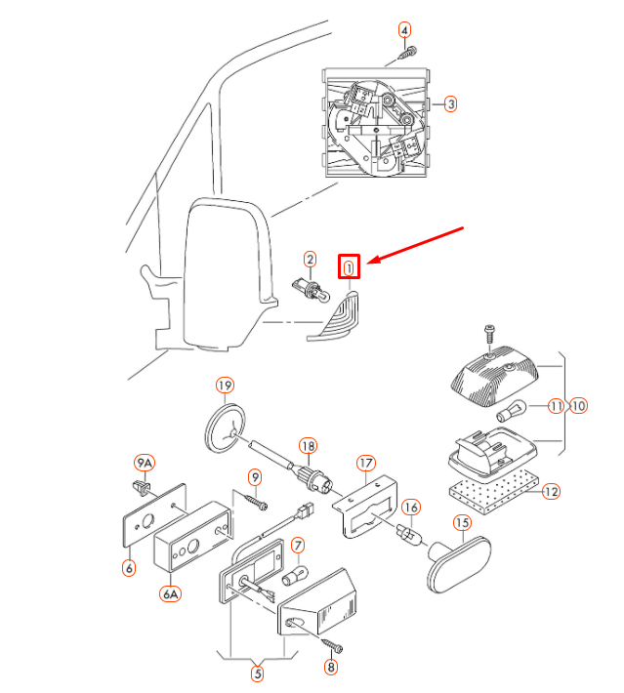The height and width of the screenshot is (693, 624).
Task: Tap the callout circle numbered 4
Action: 404,29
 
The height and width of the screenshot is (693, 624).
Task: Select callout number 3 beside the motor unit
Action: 450,103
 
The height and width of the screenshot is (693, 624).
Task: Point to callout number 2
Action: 310,259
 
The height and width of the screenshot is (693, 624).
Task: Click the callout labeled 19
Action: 225,385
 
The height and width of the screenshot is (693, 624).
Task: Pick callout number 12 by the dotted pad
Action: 551,491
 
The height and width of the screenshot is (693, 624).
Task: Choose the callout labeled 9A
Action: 144,462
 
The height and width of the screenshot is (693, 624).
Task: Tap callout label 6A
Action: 170,592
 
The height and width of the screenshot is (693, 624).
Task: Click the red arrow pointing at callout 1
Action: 421,245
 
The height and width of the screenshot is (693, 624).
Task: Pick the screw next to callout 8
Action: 333,647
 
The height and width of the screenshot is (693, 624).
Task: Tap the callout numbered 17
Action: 366,462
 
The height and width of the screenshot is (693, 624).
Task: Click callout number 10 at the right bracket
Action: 579,405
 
